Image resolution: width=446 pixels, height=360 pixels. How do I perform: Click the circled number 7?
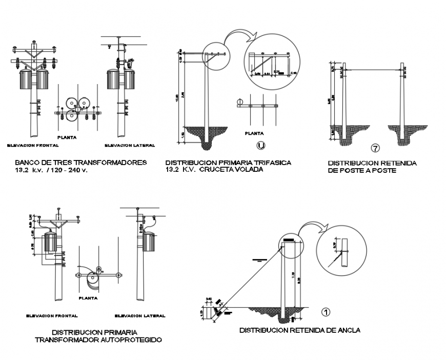pos(375,149)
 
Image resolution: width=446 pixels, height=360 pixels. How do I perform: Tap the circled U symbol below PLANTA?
pos(261,146)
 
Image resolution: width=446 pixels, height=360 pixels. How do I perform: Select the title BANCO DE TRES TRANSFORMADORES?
pos(81,163)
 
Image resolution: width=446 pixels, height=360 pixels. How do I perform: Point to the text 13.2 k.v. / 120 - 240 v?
pos(52,170)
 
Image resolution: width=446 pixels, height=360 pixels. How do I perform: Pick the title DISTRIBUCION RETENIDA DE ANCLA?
pos(299,330)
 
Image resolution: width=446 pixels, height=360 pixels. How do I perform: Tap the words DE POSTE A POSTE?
pos(362,170)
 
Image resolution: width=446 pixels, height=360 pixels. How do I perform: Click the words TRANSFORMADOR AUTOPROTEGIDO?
pos(98,339)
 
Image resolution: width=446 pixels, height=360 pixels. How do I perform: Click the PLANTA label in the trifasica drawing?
pos(254,132)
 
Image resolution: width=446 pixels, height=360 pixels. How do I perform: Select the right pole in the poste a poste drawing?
pos(404,97)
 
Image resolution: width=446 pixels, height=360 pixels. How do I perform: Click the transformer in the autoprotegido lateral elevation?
pos(149,242)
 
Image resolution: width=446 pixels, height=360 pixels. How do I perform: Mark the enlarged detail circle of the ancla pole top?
pos(342,255)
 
